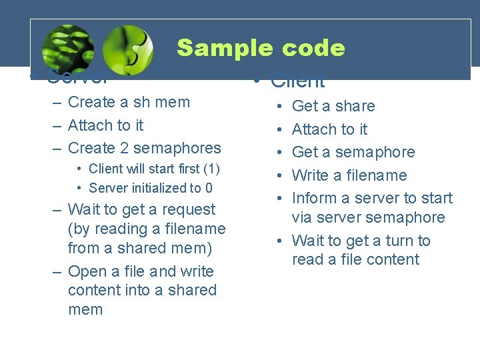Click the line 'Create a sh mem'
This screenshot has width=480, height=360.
click(129, 102)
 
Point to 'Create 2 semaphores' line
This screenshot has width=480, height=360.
click(144, 147)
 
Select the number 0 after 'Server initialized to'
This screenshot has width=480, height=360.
click(209, 188)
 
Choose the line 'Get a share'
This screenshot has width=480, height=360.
click(333, 106)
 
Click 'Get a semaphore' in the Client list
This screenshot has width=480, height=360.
click(353, 152)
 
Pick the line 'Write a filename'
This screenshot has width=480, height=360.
click(349, 175)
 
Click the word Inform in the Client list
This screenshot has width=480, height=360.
click(314, 198)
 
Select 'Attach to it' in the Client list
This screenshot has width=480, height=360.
click(329, 129)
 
